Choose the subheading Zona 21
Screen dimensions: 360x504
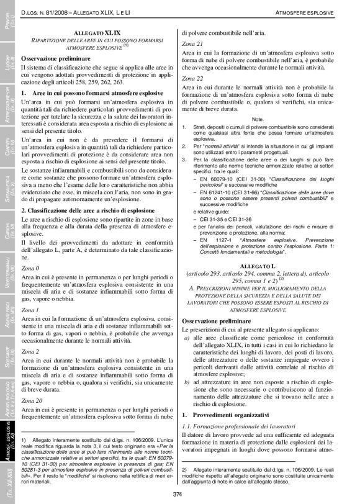(x=192, y=44)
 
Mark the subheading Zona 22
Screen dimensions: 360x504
(x=192, y=79)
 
